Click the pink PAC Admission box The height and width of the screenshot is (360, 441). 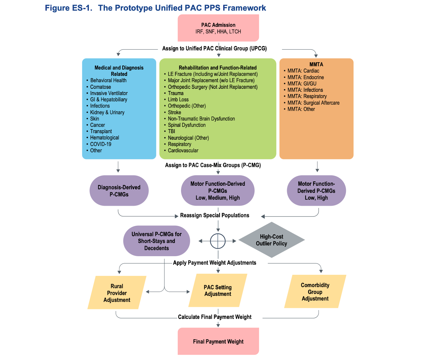pyautogui.click(x=218, y=28)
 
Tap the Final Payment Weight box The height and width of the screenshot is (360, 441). pyautogui.click(x=218, y=341)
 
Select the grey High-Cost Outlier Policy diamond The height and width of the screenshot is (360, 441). pyautogui.click(x=271, y=240)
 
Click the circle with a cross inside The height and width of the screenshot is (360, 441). pyautogui.click(x=218, y=241)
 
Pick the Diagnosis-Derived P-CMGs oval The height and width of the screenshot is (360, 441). pyautogui.click(x=119, y=190)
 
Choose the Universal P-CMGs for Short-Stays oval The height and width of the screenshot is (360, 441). pyautogui.click(x=156, y=241)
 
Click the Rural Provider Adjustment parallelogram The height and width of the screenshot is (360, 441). pyautogui.click(x=117, y=292)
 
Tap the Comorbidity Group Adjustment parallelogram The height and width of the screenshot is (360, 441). pyautogui.click(x=315, y=291)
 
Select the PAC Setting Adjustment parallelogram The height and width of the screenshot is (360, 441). pyautogui.click(x=218, y=290)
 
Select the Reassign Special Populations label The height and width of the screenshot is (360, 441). pyautogui.click(x=214, y=215)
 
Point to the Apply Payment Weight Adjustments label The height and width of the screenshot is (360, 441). pyautogui.click(x=214, y=263)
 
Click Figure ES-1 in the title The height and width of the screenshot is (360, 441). pyautogui.click(x=69, y=8)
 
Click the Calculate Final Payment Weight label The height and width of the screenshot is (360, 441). pyautogui.click(x=214, y=317)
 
